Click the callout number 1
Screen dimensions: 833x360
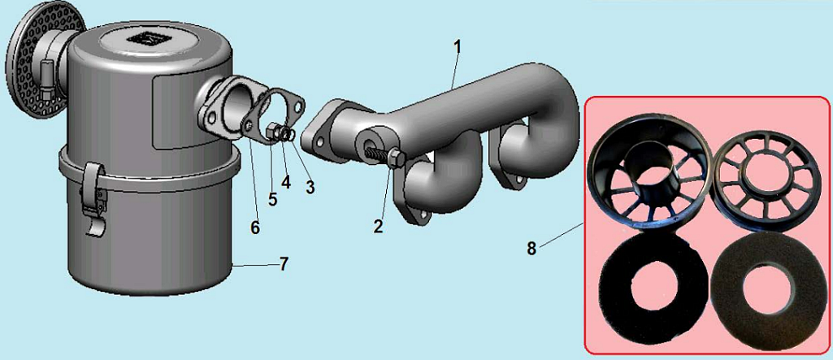[458, 47]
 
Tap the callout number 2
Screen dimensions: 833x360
[378, 227]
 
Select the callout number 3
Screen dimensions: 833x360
[310, 187]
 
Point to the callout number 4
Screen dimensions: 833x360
[286, 182]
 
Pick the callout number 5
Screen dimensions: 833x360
[272, 199]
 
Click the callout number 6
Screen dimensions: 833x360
[255, 228]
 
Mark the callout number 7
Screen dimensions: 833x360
[284, 264]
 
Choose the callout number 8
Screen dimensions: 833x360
[531, 248]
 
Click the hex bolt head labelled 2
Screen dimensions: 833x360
[397, 159]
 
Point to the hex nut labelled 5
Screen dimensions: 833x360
[272, 132]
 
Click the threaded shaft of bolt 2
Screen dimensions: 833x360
[378, 153]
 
